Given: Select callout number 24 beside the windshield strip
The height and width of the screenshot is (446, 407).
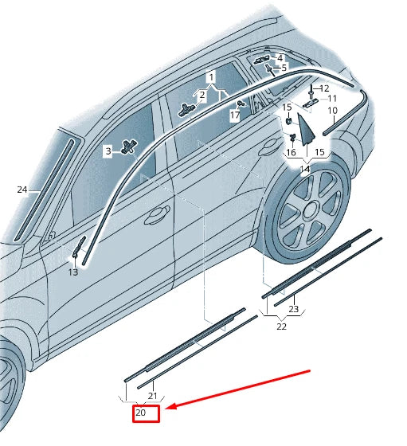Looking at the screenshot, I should [x=22, y=190].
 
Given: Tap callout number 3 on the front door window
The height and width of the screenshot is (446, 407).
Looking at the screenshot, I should [x=108, y=151].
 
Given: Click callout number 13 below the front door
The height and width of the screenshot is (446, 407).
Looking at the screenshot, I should [x=72, y=272].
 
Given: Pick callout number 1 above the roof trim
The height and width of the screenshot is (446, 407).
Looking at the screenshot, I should [x=212, y=77].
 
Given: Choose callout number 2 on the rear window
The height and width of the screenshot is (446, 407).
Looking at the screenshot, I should [x=202, y=96].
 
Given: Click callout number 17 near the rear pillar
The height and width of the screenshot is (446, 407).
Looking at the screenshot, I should [x=235, y=115].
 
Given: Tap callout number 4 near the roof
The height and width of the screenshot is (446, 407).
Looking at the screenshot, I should [x=280, y=58].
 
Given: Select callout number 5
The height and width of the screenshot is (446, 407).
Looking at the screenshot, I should [x=284, y=68].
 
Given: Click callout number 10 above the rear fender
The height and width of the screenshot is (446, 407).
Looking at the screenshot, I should [x=332, y=110].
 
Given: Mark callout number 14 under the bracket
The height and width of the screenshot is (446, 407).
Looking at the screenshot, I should [x=304, y=170].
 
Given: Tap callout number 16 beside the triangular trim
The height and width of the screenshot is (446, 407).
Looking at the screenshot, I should [x=291, y=152].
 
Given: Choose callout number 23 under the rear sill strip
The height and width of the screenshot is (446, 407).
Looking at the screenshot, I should [x=293, y=309].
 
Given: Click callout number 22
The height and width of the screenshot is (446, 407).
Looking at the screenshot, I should [x=282, y=327].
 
